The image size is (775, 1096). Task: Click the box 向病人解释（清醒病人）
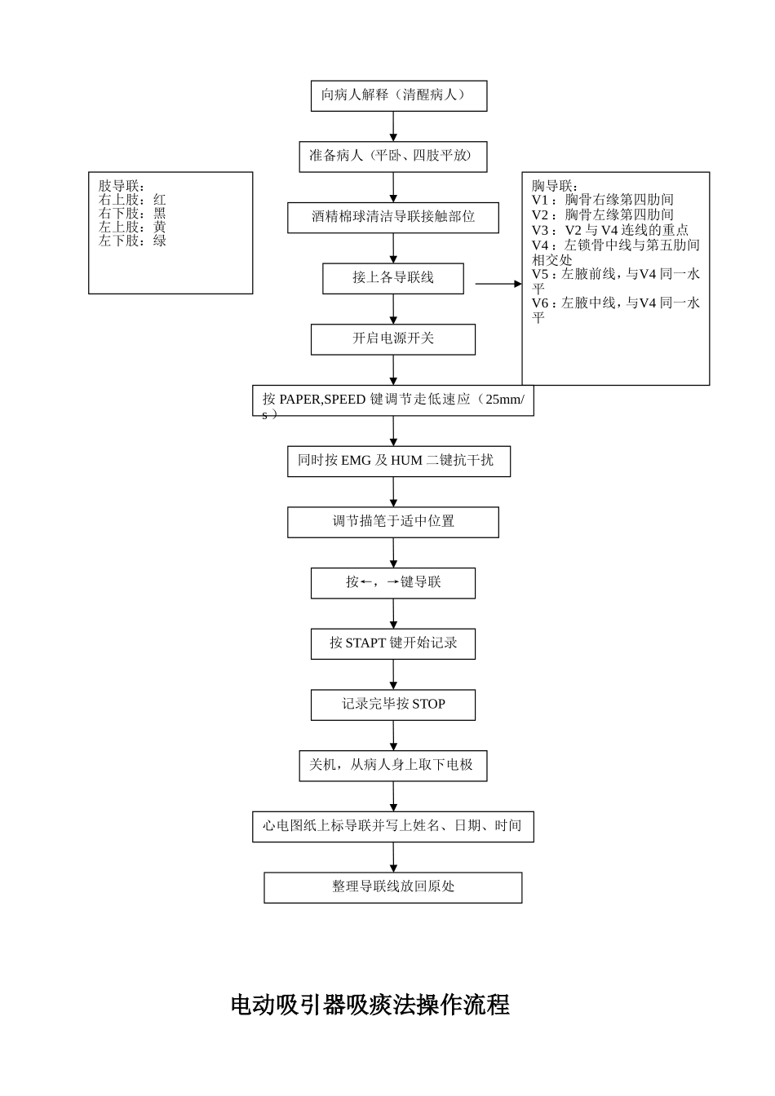pos(398,95)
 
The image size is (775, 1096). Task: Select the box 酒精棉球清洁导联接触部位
pos(392,217)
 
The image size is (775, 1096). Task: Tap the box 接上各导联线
pos(392,278)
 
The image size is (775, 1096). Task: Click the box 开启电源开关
pos(392,338)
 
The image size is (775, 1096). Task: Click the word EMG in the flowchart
pos(356,461)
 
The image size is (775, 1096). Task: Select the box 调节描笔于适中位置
pos(392,522)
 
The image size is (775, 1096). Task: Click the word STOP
pos(428,705)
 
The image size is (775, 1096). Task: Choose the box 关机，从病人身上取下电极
pos(392,765)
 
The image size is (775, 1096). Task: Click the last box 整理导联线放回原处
pos(392,887)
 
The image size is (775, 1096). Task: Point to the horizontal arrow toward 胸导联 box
pos(498,284)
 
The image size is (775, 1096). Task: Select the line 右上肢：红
pos(132,200)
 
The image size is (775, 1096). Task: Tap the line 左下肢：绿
pos(132,241)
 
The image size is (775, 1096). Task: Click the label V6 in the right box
pos(541,303)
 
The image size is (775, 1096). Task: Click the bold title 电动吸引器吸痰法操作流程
pos(370,1005)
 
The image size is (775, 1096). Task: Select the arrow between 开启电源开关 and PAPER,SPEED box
pos(393,369)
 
